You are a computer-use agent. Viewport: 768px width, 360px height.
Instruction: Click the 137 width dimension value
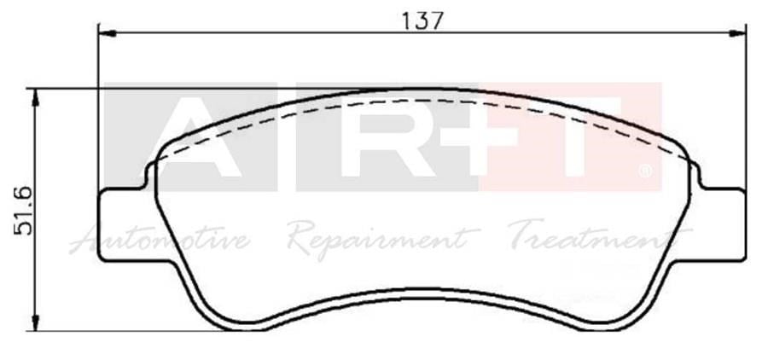[x=422, y=20]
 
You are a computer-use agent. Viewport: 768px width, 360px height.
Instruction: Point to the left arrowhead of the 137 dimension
[x=108, y=33]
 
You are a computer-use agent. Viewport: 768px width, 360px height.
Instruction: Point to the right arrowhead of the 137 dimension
[x=737, y=33]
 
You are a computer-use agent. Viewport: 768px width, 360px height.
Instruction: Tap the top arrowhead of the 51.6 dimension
[x=35, y=97]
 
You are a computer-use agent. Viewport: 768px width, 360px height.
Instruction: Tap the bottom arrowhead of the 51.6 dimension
[x=35, y=322]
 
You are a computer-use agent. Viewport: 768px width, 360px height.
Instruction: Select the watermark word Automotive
[x=160, y=240]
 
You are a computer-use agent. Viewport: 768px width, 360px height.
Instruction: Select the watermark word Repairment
[x=383, y=239]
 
